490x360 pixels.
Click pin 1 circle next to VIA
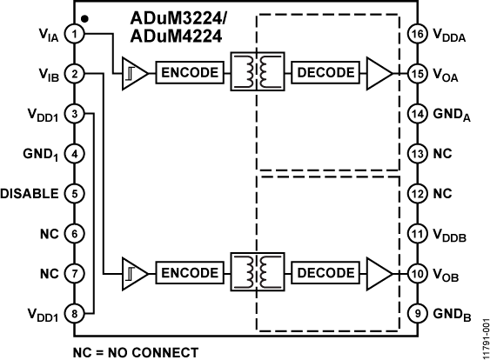click(77, 34)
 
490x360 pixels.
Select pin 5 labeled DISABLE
click(77, 193)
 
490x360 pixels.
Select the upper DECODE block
click(325, 72)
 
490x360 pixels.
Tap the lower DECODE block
click(325, 272)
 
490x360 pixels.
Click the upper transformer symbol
click(256, 72)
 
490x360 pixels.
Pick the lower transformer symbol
click(256, 272)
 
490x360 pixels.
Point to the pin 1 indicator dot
click(84, 17)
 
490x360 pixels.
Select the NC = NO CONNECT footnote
click(136, 352)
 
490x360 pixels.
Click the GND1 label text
click(40, 154)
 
